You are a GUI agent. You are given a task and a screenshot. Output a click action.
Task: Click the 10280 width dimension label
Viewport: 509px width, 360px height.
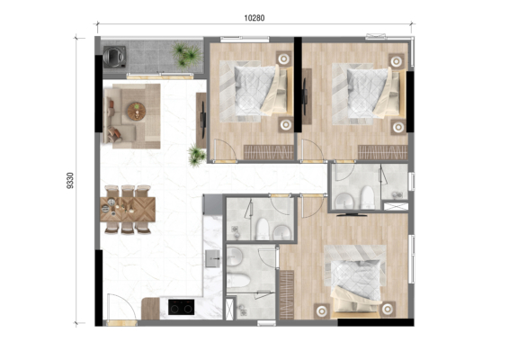[x=254, y=18]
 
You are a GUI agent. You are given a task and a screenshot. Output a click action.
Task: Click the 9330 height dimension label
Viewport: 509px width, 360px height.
[x=70, y=180]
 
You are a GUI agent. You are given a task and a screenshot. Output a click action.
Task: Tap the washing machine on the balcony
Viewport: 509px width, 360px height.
[x=114, y=57]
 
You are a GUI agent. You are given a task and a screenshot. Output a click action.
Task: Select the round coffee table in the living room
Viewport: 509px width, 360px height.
[x=136, y=111]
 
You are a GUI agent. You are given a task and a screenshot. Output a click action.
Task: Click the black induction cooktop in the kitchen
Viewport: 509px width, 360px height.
[x=181, y=307]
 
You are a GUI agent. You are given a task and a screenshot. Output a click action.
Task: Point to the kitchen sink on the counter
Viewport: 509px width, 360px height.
[x=212, y=258]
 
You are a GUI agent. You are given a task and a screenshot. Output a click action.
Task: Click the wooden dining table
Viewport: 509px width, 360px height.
[x=128, y=209]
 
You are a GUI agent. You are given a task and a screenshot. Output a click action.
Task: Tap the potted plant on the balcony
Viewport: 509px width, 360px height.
[x=186, y=55]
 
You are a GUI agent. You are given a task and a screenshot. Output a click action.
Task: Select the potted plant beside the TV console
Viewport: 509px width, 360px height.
[x=197, y=156]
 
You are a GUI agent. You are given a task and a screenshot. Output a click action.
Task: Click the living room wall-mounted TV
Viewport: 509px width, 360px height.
[x=203, y=114]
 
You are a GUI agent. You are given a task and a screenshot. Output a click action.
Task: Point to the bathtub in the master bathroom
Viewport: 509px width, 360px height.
[x=238, y=280]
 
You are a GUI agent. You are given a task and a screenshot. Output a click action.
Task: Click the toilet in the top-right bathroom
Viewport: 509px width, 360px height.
[x=367, y=197]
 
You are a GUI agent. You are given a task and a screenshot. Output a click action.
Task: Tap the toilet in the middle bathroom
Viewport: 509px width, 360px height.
[x=262, y=229]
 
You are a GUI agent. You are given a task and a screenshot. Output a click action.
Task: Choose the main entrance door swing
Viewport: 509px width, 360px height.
[x=121, y=306]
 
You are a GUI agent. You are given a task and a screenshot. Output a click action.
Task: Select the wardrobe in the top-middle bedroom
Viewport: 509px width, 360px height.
[x=268, y=152]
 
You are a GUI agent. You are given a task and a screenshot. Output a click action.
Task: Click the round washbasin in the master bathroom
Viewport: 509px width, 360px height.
[x=235, y=255]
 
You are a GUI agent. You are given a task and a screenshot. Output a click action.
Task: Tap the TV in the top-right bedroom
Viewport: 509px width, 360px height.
[x=305, y=95]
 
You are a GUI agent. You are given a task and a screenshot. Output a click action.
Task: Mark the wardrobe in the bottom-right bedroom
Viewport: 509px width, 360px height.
[x=287, y=294]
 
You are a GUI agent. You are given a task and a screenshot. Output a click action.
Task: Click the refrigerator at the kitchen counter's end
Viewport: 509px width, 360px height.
[x=212, y=204]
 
